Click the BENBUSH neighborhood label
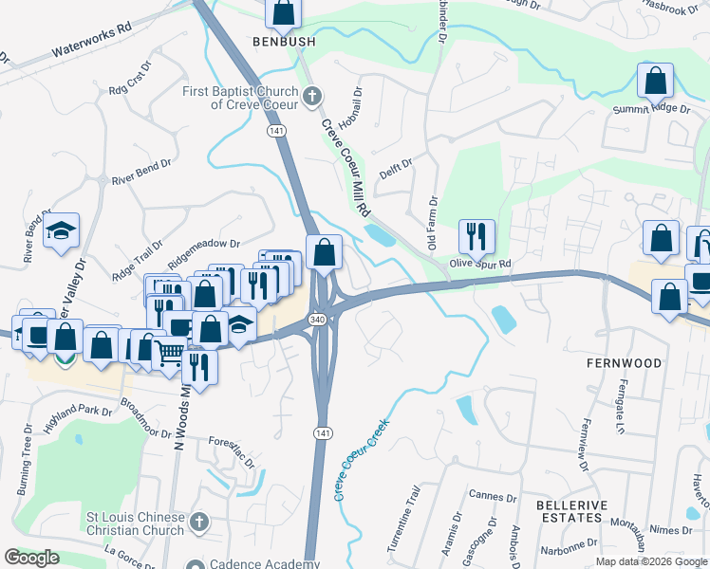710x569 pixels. point(282,41)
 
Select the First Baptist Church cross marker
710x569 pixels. point(311,95)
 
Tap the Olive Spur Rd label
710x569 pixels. point(480,263)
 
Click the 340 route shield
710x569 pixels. point(318,320)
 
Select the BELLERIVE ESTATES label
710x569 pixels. point(569,512)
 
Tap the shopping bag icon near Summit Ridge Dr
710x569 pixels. point(656,82)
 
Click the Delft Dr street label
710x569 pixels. point(396,169)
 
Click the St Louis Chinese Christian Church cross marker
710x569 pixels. point(198,523)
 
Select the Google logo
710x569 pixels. point(31,558)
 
